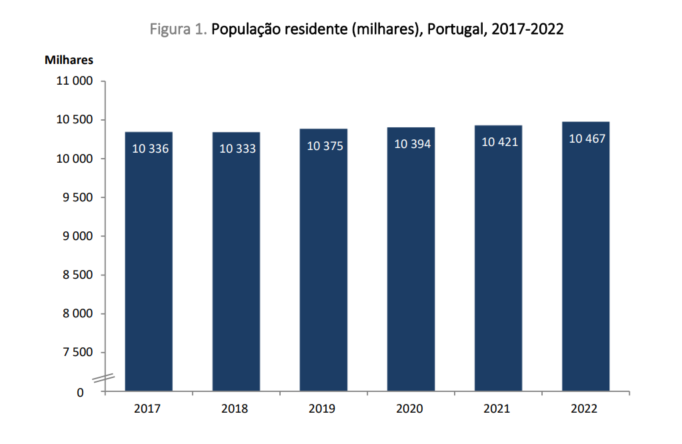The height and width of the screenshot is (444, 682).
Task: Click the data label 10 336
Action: (x=150, y=149)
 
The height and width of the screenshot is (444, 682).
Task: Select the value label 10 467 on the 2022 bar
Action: (x=587, y=139)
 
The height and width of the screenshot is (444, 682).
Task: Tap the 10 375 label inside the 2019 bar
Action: (x=325, y=145)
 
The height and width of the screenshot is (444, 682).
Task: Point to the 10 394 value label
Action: (x=413, y=144)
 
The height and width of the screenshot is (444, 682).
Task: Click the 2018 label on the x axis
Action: (x=235, y=409)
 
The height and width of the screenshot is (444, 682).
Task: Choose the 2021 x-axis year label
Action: (x=497, y=409)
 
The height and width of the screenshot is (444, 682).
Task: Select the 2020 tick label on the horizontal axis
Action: (x=409, y=409)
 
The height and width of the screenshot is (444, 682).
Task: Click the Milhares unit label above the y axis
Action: (x=69, y=60)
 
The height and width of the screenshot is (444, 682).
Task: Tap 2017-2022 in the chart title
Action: (x=527, y=30)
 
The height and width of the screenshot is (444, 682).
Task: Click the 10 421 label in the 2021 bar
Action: (x=499, y=142)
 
